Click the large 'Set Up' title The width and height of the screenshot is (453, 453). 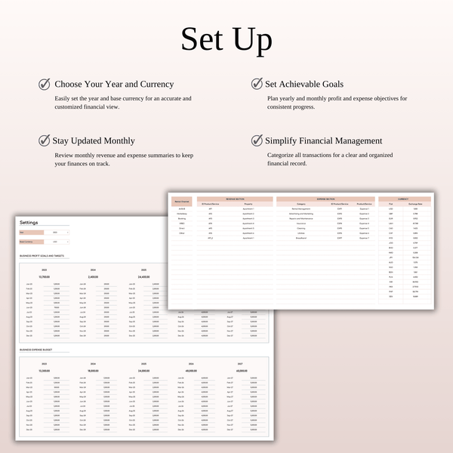coord(226,39)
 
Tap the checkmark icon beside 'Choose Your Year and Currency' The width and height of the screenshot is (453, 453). coord(45,84)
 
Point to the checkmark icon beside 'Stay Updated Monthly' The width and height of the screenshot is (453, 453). coord(45,140)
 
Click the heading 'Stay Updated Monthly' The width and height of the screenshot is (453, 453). coord(94,140)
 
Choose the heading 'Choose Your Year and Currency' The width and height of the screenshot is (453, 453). coord(113,84)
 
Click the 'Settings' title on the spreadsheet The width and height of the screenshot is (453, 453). coord(29,223)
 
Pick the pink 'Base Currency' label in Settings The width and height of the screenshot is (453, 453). coord(28,243)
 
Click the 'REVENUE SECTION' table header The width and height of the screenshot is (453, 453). coord(235,199)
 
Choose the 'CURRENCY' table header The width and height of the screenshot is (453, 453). coord(404,199)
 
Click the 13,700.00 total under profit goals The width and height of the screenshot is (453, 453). coord(44,277)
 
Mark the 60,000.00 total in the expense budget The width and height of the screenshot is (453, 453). coord(242,371)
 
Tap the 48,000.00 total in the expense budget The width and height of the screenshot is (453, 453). coord(193,371)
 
